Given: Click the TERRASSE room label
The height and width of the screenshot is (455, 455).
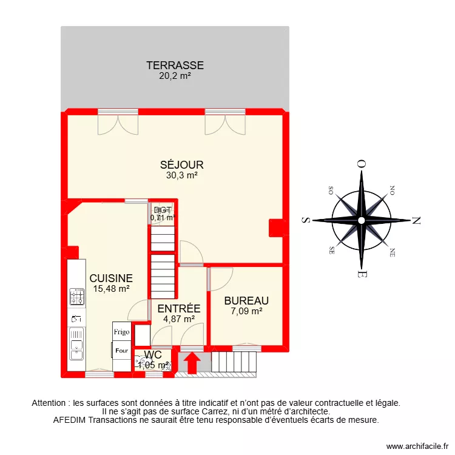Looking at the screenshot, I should [x=175, y=66].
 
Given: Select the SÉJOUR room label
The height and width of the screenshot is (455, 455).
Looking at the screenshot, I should [x=182, y=164].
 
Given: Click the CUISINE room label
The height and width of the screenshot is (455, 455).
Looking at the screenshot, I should [x=111, y=278].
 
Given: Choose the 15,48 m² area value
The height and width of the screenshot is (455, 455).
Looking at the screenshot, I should [x=111, y=289].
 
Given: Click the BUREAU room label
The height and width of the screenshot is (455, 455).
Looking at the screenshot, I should [x=246, y=301].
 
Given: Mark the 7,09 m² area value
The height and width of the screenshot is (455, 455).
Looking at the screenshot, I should [x=246, y=311].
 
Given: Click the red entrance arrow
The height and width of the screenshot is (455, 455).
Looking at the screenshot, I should [x=192, y=363].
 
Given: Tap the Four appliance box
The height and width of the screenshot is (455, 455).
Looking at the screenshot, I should [x=121, y=350].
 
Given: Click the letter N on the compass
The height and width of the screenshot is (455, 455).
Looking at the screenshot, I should [x=416, y=220].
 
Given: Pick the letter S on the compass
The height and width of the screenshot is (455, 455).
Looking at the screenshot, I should [x=306, y=220].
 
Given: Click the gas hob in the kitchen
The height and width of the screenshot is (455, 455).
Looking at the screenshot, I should [x=77, y=297].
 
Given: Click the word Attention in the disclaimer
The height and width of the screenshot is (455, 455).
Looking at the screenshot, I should [x=50, y=403].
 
